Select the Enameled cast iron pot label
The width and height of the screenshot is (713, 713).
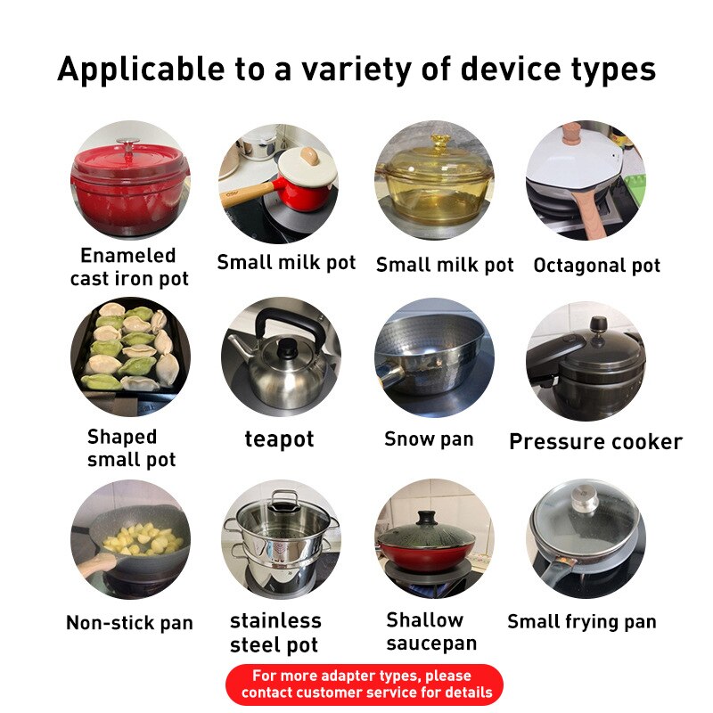[129, 266]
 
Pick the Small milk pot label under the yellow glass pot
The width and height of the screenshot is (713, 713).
[445, 265]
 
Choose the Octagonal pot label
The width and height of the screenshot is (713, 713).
[596, 265]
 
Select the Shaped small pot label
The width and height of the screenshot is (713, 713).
[130, 447]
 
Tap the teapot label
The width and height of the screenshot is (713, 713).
[279, 439]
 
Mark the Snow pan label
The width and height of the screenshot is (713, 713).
[429, 438]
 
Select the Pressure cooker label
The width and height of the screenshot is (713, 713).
[595, 441]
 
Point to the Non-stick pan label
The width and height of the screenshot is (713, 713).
[129, 622]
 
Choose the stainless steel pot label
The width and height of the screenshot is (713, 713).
[275, 632]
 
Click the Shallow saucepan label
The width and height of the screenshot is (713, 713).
[431, 631]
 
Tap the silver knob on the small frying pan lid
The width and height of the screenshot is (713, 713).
[586, 494]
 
